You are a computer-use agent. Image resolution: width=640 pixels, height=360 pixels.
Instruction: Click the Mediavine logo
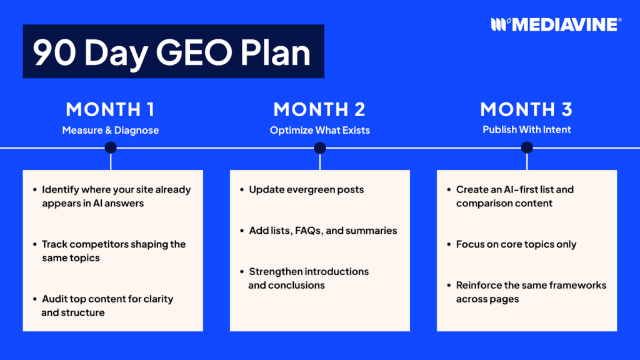click(x=556, y=24)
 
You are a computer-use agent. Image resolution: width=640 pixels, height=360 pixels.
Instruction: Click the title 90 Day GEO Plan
click(x=172, y=52)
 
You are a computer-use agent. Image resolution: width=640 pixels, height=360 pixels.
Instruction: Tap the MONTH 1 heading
click(x=110, y=109)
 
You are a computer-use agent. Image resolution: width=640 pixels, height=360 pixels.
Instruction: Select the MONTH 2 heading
click(x=319, y=109)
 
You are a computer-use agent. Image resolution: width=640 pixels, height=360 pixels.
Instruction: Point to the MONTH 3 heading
click(x=526, y=109)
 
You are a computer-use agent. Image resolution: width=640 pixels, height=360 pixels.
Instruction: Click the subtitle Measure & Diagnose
click(x=110, y=131)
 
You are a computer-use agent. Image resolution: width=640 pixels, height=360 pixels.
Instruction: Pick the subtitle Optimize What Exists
click(x=319, y=131)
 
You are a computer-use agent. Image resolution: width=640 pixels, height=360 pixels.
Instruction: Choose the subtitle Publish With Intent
click(x=526, y=131)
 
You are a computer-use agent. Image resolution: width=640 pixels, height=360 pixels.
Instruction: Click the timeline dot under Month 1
click(x=111, y=147)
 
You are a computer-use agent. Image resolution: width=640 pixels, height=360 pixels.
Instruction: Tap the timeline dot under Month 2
click(x=320, y=147)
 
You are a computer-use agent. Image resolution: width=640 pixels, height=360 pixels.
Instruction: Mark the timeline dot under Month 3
click(x=527, y=147)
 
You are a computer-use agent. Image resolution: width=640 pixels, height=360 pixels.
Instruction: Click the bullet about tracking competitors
click(x=113, y=251)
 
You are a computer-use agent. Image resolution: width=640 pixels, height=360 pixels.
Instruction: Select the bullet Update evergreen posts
click(x=306, y=189)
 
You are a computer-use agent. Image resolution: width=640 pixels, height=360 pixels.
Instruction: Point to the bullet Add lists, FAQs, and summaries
click(x=322, y=231)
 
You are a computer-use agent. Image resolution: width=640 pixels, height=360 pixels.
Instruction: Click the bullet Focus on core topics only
click(x=516, y=244)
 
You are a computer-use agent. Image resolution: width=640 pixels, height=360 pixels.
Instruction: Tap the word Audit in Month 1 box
click(x=54, y=299)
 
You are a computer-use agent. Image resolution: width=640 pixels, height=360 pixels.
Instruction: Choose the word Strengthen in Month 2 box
click(x=274, y=271)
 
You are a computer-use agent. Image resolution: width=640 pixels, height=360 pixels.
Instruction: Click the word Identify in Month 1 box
click(x=59, y=189)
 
